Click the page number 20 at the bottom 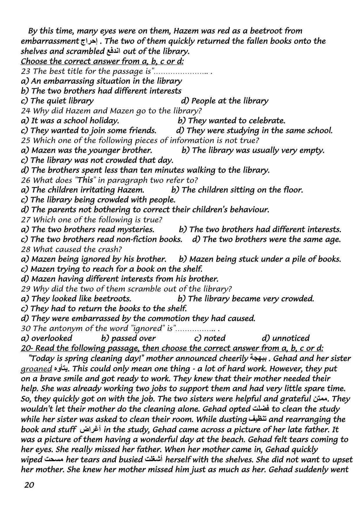29,485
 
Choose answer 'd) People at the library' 224,101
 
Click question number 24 25,111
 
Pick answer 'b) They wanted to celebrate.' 231,121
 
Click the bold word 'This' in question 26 85,180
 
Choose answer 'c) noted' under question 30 210,338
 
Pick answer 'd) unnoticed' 285,338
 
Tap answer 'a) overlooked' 47,338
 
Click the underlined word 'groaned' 36,369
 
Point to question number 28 25,249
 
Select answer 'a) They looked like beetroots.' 76,298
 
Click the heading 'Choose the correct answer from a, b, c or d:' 102,61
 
